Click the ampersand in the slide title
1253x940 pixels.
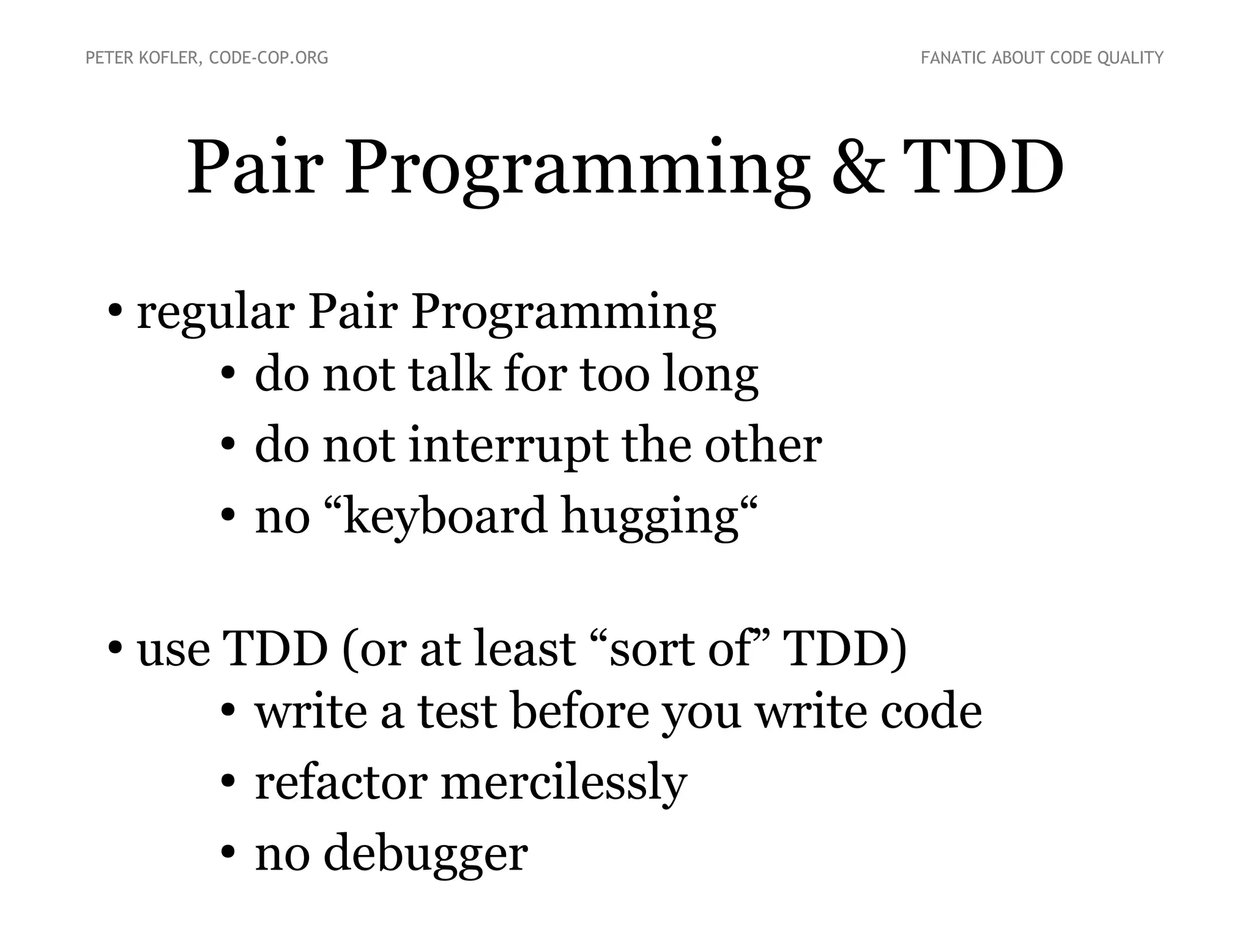pos(858,168)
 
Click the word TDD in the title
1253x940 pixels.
pos(983,168)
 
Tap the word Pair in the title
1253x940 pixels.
pos(254,168)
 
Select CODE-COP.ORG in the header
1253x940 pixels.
pos(269,58)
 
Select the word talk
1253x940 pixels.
pos(449,374)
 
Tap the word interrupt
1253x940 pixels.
pos(508,446)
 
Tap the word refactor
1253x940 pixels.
pos(340,783)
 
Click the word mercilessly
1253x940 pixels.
pos(563,784)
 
